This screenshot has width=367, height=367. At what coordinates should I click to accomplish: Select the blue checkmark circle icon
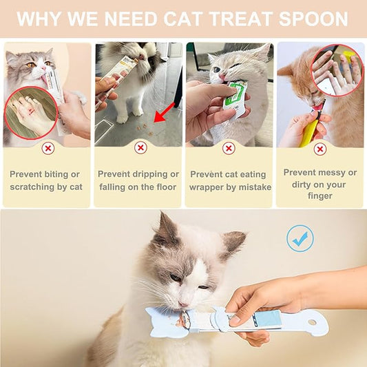coord(300,238)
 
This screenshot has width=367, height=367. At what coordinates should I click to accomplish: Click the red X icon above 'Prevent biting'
coord(48,148)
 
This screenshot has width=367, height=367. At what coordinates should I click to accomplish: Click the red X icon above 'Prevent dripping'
coord(140,147)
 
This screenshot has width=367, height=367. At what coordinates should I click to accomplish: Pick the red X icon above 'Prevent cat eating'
coord(229,148)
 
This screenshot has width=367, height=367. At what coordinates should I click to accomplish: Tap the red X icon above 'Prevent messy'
coord(319,148)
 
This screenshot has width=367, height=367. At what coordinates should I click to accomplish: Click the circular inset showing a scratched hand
coord(31,112)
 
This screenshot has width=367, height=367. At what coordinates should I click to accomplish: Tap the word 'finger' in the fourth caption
coord(320,196)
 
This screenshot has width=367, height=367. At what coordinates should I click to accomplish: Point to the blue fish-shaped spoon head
coord(163,321)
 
